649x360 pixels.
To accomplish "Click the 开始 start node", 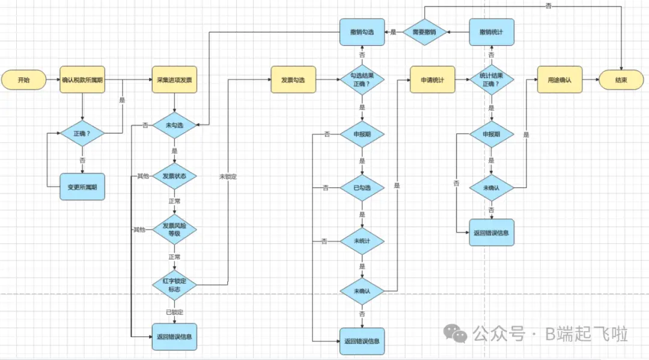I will point(23,80).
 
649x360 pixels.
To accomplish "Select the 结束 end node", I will point(621,80).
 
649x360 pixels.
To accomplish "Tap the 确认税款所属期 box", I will point(82,80).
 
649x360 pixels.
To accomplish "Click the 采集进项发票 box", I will point(174,80).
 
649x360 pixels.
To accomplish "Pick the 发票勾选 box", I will point(293,80).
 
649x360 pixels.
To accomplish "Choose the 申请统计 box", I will point(433,80).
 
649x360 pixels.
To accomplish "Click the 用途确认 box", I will point(559,80).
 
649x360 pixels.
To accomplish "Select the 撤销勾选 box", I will point(362,32).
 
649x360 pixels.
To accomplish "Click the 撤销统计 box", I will point(492,32).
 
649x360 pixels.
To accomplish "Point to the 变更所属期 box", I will point(82,187).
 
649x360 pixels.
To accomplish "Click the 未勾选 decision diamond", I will point(174,125).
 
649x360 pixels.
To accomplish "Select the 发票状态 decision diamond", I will point(174,176).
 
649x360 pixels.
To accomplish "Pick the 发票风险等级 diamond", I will point(174,229).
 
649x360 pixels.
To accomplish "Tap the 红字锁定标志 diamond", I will point(174,284).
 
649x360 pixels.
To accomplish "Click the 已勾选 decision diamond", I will point(362,188).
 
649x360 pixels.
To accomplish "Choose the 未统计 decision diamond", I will point(362,241).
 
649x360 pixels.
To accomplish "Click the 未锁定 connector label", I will point(228,177).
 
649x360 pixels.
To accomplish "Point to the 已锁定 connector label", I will point(174,312).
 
